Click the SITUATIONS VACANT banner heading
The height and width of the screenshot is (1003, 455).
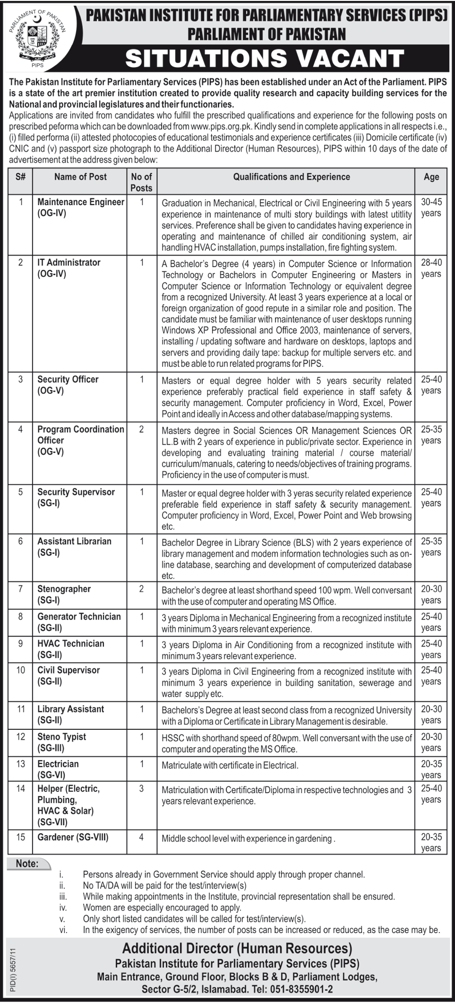(264, 59)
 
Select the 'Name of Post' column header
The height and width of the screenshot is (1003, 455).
(80, 177)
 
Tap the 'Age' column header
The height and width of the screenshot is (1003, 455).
(431, 177)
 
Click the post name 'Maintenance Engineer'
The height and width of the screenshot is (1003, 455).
(80, 202)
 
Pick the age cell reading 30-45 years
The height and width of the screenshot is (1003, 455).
(431, 208)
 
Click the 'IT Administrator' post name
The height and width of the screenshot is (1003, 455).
(69, 263)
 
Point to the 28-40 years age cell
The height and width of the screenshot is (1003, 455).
(431, 268)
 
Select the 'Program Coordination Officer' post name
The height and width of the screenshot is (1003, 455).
(80, 435)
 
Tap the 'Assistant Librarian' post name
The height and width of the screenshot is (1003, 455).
(74, 541)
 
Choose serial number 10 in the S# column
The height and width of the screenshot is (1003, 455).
(21, 670)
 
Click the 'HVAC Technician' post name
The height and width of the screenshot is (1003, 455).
(71, 644)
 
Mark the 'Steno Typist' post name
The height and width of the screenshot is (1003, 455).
(62, 737)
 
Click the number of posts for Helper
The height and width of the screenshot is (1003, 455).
(141, 788)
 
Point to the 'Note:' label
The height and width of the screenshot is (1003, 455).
(27, 864)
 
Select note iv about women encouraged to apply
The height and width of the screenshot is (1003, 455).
(162, 907)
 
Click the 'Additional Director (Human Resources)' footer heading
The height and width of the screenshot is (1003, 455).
(237, 948)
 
